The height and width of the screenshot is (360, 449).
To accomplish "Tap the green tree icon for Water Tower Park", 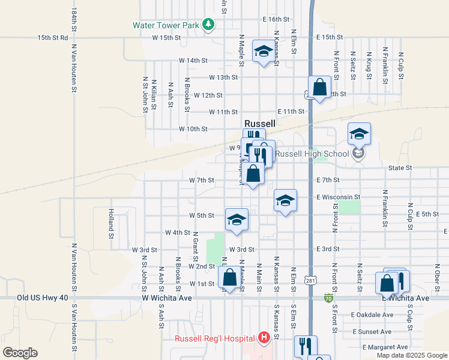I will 208,25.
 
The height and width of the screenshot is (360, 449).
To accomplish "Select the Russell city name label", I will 260,124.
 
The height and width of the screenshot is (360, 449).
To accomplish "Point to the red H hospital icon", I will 263,338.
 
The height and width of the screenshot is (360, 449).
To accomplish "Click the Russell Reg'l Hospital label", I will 215,338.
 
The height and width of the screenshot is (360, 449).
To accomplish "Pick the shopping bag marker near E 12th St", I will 319,88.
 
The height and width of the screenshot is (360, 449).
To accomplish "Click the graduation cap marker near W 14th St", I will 263,52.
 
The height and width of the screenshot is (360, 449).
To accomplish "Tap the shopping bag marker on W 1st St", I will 229,278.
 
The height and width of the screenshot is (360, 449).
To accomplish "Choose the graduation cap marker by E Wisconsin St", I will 285,200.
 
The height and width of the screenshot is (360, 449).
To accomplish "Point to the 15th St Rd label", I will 53,37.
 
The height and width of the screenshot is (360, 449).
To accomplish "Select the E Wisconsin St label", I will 338,197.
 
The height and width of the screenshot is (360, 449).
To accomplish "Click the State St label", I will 400,168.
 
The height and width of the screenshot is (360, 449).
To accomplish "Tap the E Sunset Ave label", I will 373,331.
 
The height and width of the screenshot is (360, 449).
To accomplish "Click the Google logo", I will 20,353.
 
